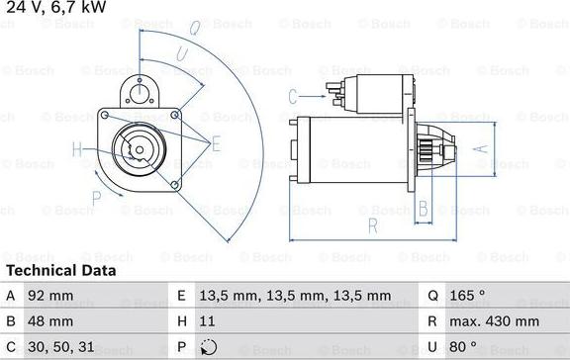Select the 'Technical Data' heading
click(x=60, y=270)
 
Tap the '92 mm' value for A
click(x=51, y=295)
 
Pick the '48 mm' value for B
click(x=51, y=321)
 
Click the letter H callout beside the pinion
click(x=77, y=150)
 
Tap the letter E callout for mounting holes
click(x=216, y=144)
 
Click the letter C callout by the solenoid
click(x=293, y=96)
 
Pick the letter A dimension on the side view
click(x=482, y=148)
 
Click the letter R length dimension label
click(x=373, y=225)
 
